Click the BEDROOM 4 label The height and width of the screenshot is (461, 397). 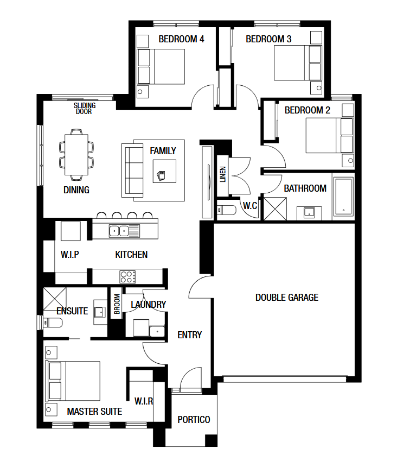click(x=181, y=39)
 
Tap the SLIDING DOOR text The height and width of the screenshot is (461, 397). click(x=85, y=109)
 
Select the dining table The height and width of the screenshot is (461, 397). click(x=76, y=155)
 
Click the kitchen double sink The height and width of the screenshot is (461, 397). click(x=124, y=231)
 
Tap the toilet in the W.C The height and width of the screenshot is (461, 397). click(x=226, y=210)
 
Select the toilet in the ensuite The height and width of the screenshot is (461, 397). click(x=53, y=323)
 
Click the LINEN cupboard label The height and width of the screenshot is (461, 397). click(x=223, y=174)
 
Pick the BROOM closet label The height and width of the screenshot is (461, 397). click(x=117, y=304)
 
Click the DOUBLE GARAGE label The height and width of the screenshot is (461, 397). click(x=287, y=298)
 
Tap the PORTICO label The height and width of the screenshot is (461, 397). click(x=194, y=420)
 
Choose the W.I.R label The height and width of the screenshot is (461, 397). click(x=144, y=401)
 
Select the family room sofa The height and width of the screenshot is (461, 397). click(x=132, y=170)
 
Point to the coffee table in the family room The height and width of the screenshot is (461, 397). click(x=164, y=171)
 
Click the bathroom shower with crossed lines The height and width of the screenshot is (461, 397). click(x=275, y=209)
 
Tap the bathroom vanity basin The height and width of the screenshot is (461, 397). click(x=309, y=212)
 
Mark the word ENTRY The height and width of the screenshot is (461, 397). click(x=190, y=335)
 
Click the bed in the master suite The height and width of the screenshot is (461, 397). click(x=73, y=381)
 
